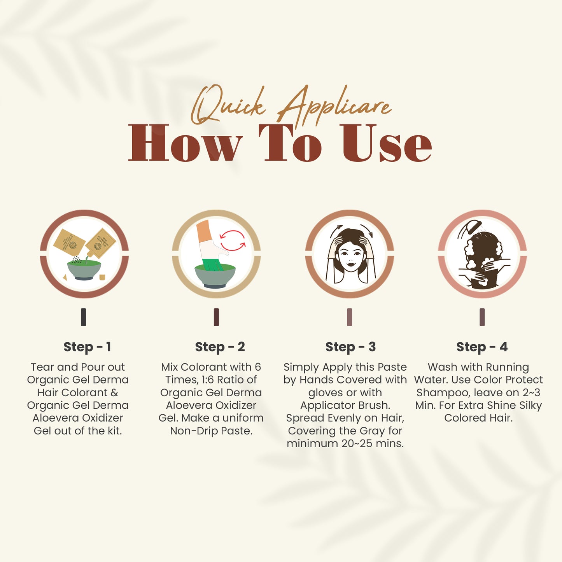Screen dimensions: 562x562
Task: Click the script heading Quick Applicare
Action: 291,106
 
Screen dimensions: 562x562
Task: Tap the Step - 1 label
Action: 87,347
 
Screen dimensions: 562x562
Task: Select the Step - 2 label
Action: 220,347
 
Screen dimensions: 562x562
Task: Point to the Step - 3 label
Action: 350,347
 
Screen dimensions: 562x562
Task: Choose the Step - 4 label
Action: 482,347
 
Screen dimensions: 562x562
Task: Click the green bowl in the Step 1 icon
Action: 84,270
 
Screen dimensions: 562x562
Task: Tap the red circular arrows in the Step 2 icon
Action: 233,241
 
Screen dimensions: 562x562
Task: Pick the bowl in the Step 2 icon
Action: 215,276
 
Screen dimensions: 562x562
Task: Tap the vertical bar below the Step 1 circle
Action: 83,317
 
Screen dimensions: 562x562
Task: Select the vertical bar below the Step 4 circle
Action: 482,317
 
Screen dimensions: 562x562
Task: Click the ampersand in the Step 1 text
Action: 114,392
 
